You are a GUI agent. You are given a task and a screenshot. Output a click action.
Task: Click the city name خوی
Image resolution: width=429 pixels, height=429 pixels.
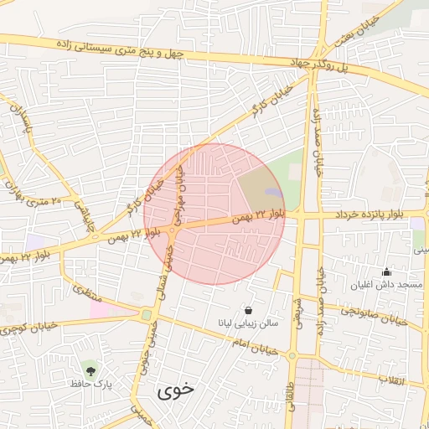click(x=174, y=390)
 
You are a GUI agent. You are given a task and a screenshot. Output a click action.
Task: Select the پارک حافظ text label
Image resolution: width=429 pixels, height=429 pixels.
click(x=90, y=384)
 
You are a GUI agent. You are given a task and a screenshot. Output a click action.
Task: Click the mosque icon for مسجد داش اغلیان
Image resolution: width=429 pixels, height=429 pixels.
click(x=386, y=271)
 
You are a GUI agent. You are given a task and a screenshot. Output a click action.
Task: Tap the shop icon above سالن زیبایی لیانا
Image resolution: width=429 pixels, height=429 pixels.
click(x=248, y=309)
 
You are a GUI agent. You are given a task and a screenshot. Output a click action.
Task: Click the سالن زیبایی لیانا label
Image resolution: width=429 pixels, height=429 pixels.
click(x=248, y=323)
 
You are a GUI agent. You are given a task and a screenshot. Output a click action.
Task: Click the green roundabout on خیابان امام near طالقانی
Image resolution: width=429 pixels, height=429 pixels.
click(x=291, y=356)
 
